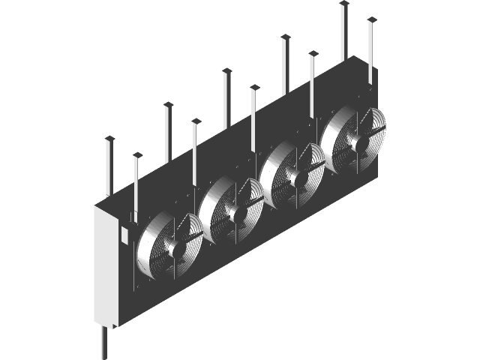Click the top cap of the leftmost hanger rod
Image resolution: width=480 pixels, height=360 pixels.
[x=109, y=139]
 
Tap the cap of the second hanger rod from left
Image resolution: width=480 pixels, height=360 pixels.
[x=137, y=155]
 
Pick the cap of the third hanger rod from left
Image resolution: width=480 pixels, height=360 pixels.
[x=168, y=104]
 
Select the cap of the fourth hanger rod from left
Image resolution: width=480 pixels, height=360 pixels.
[x=196, y=120]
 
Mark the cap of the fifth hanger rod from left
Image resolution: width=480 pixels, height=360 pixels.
[x=226, y=70]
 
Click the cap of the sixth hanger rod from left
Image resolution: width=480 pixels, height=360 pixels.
[x=254, y=87]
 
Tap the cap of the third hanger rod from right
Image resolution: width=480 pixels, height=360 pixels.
[x=313, y=52]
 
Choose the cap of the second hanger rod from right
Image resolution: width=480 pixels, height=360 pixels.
[x=344, y=4]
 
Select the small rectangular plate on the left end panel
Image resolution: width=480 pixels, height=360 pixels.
[x=124, y=235]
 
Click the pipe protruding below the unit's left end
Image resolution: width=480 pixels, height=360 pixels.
[x=103, y=342]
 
